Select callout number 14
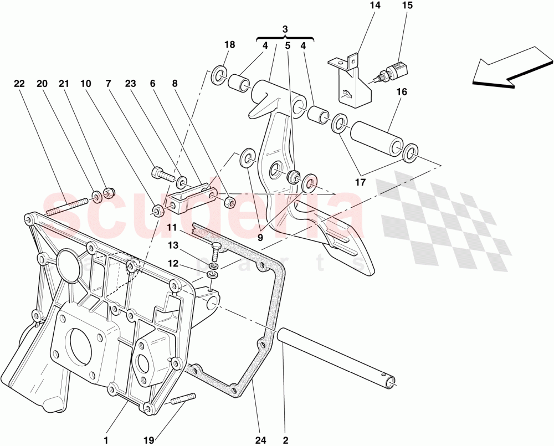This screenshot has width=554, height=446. click(x=375, y=7)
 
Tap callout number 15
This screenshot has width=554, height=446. click(x=407, y=7)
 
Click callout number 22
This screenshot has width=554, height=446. click(x=19, y=84)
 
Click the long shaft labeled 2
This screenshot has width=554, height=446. click(x=338, y=355)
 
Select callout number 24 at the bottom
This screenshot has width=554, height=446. click(x=260, y=440)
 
